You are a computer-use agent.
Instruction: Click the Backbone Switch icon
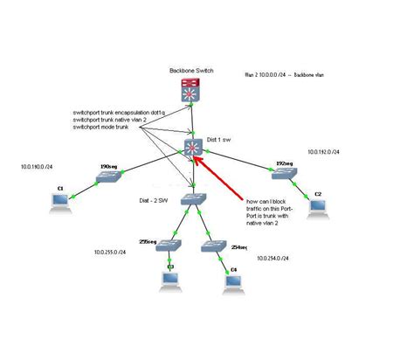point(190,90)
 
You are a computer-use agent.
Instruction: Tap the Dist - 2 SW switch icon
point(192,199)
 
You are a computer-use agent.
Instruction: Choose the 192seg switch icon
point(283,174)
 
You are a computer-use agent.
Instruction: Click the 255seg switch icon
point(168,246)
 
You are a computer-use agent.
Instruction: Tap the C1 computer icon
point(60,203)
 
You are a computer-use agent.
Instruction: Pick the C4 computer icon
point(232,281)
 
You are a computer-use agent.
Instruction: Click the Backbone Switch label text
point(190,69)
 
